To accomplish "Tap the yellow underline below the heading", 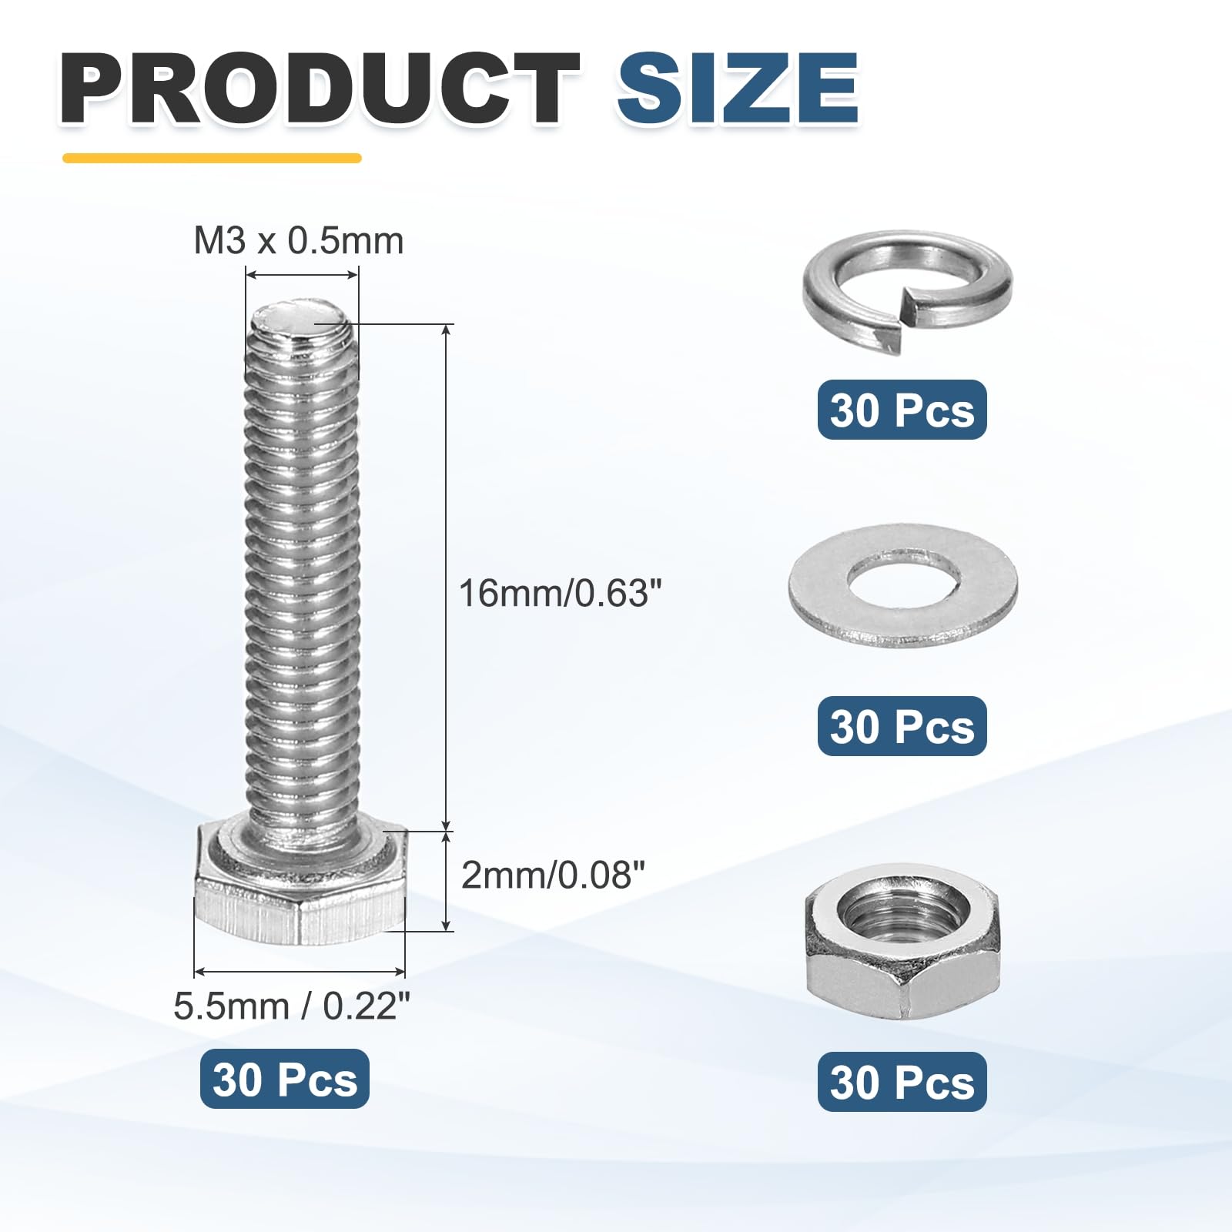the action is point(212,159).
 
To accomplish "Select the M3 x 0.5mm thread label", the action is point(299,241).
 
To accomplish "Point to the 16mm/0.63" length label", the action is point(561,594).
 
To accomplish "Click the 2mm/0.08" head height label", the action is point(553,875).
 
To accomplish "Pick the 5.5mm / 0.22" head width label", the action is point(292,1006).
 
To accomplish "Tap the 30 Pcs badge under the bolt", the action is point(285,1079).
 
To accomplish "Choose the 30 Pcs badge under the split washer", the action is point(902,410).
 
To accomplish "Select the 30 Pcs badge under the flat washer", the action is point(902,726).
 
